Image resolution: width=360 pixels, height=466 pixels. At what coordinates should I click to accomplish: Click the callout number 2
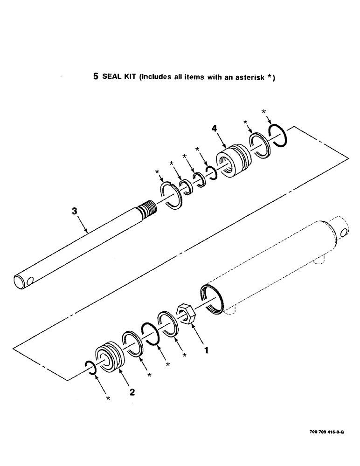click(132, 392)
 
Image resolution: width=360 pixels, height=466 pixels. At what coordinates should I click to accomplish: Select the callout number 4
click(215, 129)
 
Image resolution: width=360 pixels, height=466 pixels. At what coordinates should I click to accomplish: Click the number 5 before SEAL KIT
click(96, 78)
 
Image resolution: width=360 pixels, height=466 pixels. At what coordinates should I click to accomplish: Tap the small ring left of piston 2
click(90, 367)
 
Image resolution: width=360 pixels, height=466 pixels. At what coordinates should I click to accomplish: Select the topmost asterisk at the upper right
click(264, 112)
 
